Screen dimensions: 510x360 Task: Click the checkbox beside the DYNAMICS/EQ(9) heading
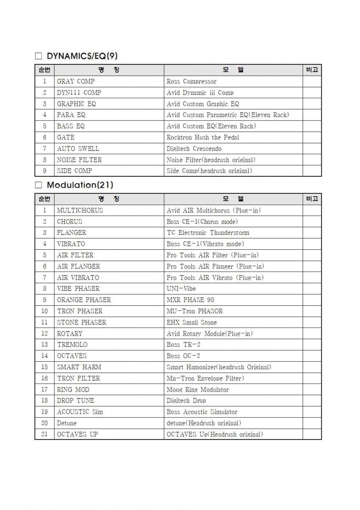point(39,56)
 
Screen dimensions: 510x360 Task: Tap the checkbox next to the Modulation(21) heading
point(39,185)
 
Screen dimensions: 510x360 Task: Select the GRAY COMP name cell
point(76,81)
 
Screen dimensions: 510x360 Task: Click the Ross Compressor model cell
point(191,81)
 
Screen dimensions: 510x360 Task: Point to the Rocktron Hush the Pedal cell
point(203,137)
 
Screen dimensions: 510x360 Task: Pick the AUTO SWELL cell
point(78,148)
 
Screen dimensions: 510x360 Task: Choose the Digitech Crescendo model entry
point(194,148)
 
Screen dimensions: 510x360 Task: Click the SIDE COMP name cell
point(75,171)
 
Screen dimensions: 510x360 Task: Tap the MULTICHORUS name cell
point(80,210)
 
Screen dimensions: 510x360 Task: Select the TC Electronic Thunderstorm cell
point(208,233)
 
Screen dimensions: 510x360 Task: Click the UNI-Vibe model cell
point(181,289)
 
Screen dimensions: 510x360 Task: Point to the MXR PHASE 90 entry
point(191,300)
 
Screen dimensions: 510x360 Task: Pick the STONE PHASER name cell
point(81,322)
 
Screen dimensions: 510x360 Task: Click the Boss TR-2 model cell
point(183,345)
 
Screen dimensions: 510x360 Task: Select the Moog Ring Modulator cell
point(198,390)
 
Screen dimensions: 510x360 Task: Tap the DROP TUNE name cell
point(75,401)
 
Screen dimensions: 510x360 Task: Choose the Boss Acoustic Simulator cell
point(202,412)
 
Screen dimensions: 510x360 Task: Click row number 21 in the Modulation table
point(44,434)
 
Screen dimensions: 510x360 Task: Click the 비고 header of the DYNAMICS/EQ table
point(312,70)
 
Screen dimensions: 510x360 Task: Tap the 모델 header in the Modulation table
point(233,199)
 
